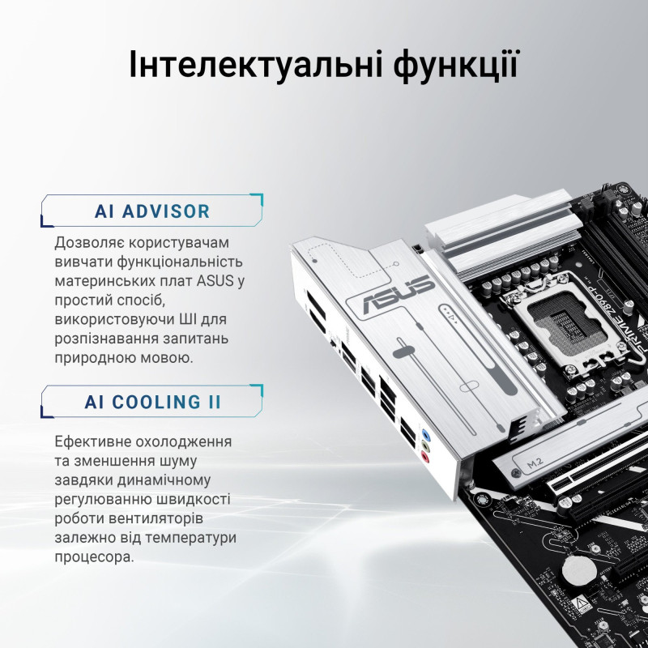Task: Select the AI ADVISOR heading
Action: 152,212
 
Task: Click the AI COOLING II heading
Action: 152,402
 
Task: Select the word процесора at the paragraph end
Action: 94,558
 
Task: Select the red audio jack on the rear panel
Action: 424,458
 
